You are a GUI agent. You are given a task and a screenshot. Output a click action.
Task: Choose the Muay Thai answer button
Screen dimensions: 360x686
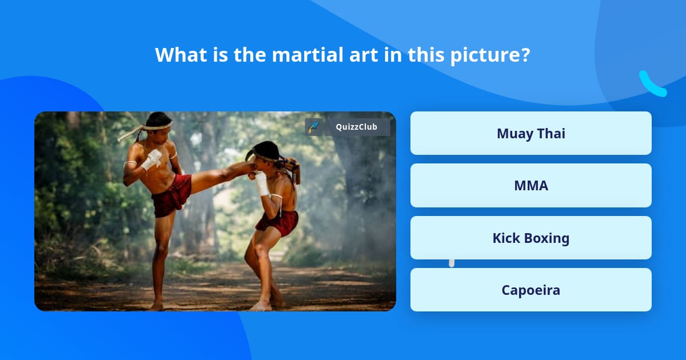531,133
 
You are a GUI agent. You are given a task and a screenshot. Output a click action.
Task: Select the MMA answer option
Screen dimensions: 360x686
531,186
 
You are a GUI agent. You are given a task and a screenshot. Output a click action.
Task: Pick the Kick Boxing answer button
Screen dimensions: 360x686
531,238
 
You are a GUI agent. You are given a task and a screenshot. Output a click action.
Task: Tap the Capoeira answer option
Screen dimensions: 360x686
531,290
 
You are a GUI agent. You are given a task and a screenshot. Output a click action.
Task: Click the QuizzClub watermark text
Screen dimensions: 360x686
356,127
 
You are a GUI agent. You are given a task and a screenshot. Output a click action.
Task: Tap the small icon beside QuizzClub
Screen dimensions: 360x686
313,127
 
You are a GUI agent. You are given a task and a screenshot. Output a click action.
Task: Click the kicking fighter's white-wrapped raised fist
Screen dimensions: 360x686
152,158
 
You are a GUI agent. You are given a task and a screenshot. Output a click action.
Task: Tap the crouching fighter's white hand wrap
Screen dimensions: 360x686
262,183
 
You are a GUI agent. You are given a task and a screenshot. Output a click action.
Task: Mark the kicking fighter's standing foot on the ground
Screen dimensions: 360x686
156,306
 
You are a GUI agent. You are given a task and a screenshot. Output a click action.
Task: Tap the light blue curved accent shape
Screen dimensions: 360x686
652,85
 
